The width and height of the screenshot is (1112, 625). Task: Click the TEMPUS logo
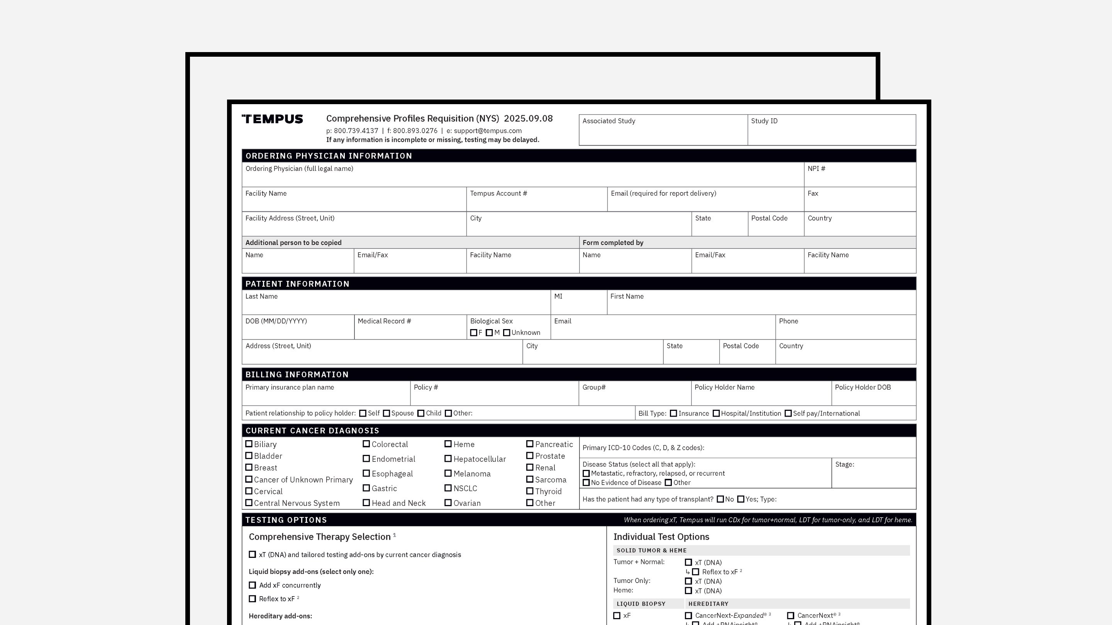point(272,119)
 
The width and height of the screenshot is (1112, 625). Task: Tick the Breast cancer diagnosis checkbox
point(249,468)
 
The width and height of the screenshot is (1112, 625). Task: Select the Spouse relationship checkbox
point(386,413)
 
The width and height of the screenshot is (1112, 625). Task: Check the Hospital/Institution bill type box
point(716,413)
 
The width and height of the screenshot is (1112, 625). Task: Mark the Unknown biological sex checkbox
point(507,333)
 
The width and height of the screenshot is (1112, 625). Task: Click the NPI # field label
point(816,169)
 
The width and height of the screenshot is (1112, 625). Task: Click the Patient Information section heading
point(297,284)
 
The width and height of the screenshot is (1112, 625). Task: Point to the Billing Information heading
point(297,374)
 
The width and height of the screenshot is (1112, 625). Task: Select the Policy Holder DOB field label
point(863,387)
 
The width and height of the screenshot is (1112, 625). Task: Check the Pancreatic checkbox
point(530,444)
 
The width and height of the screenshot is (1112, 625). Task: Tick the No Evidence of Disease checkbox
point(586,483)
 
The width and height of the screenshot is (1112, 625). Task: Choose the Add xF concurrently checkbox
point(253,585)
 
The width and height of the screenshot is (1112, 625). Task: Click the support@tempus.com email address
point(487,131)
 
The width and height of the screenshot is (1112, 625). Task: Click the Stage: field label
point(844,465)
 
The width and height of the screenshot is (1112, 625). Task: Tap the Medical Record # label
point(384,321)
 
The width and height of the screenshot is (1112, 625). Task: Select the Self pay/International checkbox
point(788,413)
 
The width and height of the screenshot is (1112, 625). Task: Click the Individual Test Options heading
point(661,537)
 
